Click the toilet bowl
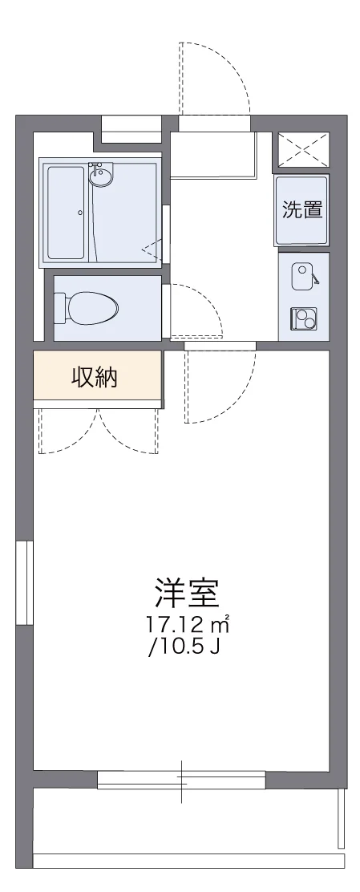pos(93,306)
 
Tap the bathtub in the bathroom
pos(66,213)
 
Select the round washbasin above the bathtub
pos(102,176)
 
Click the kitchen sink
pos(302,277)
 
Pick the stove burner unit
pos(304,319)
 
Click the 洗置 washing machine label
pos(302,210)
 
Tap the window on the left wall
pos(24,582)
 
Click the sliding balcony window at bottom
pos(181,780)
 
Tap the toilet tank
pos(59,306)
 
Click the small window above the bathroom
pos(131,128)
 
